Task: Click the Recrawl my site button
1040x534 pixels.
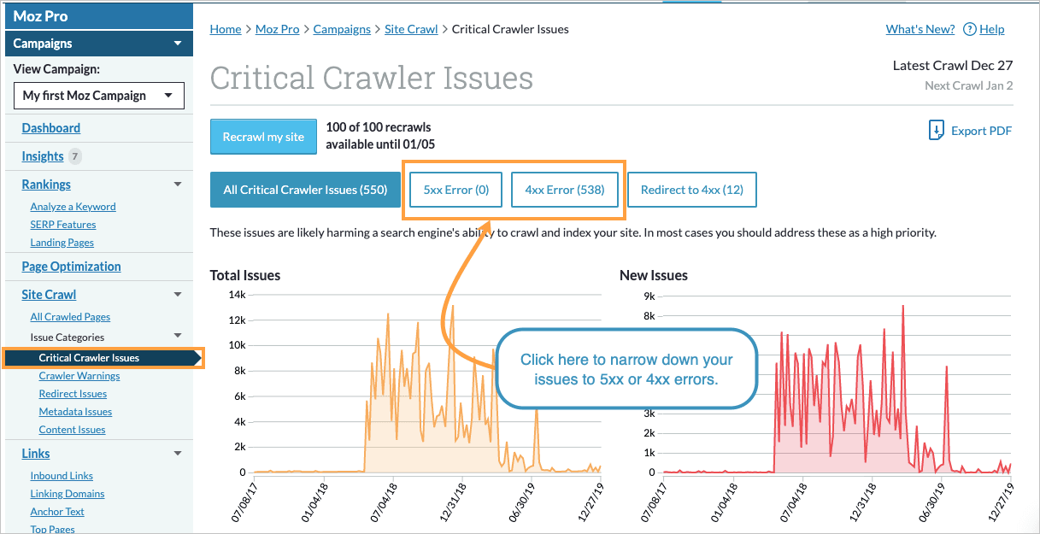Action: point(263,137)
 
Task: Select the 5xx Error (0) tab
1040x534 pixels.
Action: point(456,190)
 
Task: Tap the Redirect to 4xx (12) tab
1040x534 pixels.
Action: point(691,190)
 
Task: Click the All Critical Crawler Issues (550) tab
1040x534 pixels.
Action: point(305,190)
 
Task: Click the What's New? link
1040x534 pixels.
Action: point(920,29)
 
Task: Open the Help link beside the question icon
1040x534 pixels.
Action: point(991,29)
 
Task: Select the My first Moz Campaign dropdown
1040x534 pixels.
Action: point(99,96)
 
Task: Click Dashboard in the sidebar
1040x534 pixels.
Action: point(51,128)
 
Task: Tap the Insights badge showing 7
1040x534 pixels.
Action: point(75,156)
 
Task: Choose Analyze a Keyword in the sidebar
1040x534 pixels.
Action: point(73,207)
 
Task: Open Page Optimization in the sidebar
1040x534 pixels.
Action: point(71,267)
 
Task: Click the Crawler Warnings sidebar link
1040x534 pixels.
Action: point(79,376)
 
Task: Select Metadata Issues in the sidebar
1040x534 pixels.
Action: point(75,412)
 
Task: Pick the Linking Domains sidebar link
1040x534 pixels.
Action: point(68,494)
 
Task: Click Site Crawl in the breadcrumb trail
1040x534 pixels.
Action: point(411,29)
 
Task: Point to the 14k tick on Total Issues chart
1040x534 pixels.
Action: point(236,295)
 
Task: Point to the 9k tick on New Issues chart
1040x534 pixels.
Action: point(649,296)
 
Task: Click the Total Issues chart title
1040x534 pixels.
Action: point(245,275)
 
